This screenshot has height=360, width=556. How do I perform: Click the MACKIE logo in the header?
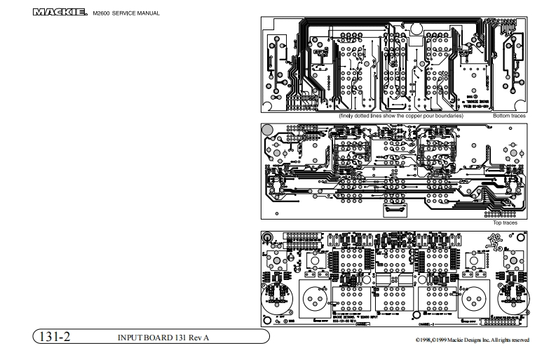point(60,13)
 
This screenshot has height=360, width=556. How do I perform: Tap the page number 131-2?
point(54,338)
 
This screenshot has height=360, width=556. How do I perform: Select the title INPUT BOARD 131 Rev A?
point(164,338)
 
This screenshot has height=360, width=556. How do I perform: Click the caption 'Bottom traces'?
point(509,115)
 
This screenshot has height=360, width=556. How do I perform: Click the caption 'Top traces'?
point(505,222)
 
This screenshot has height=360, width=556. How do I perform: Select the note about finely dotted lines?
point(401,115)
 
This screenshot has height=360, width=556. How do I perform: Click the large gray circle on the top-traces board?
point(267,129)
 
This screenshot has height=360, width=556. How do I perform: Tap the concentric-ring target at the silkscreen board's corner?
point(268,238)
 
